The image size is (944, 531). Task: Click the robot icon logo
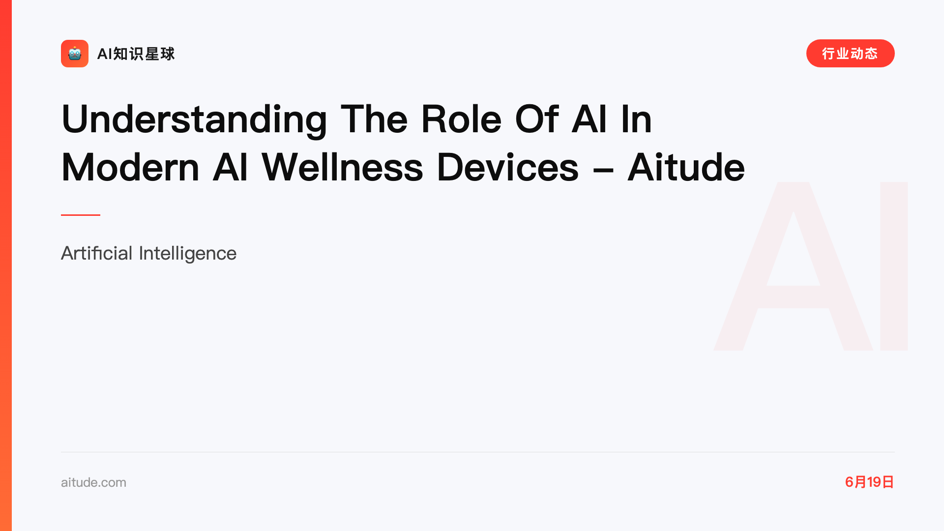point(75,54)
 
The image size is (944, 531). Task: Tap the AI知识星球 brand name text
point(136,54)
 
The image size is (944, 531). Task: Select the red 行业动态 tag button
point(850,54)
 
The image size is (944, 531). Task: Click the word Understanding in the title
point(194,119)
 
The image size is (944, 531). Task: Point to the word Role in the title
point(461,119)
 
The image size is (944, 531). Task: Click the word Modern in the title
point(130,167)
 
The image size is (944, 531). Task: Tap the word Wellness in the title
point(342,167)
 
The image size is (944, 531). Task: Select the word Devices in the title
point(507,167)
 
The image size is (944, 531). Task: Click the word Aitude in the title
point(686,167)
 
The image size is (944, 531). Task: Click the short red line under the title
point(81,215)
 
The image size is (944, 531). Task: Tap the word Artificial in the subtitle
point(97,253)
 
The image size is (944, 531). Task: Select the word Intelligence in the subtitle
point(188,254)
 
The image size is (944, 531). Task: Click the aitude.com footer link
point(93,482)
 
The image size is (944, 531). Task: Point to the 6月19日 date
point(869,482)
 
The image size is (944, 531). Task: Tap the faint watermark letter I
point(894,266)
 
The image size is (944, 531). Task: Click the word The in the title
point(374,119)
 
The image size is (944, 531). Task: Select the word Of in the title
point(536,119)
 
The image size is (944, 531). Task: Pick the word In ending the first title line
point(637,119)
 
